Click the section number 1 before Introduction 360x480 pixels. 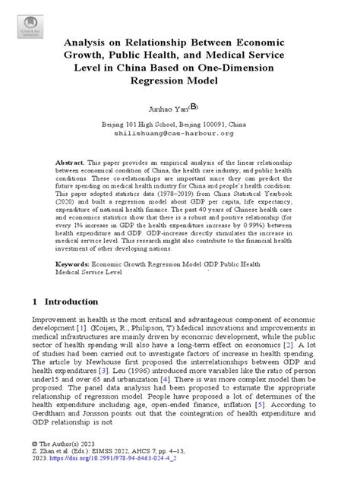point(35,302)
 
